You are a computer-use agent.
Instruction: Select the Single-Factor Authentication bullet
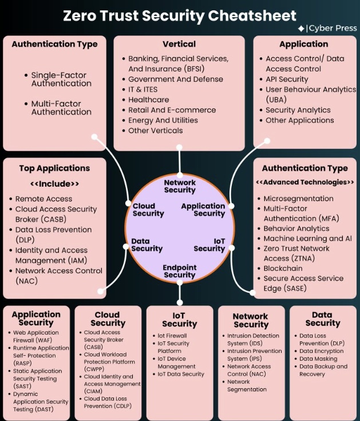[61, 79]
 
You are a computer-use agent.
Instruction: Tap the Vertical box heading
[179, 44]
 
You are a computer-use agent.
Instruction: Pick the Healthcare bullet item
[148, 100]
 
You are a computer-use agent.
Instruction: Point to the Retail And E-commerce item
[172, 110]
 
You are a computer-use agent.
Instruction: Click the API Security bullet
[287, 80]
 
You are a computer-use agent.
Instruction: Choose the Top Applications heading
[54, 168]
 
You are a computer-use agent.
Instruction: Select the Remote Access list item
[43, 199]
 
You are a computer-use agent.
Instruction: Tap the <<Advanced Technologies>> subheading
[304, 182]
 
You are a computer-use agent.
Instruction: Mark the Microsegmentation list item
[298, 199]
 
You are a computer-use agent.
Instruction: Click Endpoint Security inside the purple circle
[180, 272]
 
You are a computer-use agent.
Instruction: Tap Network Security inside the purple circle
[180, 186]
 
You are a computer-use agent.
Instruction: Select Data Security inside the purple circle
[147, 245]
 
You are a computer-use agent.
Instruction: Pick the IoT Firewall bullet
[172, 336]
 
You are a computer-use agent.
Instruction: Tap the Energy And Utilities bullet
[155, 120]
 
